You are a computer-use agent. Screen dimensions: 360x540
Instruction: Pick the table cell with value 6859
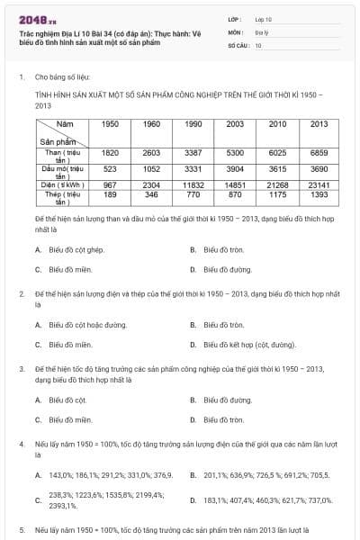[x=319, y=152]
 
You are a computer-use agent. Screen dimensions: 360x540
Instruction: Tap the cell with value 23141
[x=319, y=184]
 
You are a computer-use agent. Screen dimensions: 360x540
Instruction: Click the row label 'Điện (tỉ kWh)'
[x=62, y=184]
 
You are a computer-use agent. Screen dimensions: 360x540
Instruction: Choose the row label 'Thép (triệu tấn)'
[x=62, y=194]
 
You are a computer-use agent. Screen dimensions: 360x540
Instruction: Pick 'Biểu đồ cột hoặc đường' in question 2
[x=86, y=324]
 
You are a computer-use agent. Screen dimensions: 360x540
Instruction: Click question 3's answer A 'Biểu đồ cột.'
[x=67, y=400]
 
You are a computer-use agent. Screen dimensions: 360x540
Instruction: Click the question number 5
[x=21, y=530]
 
